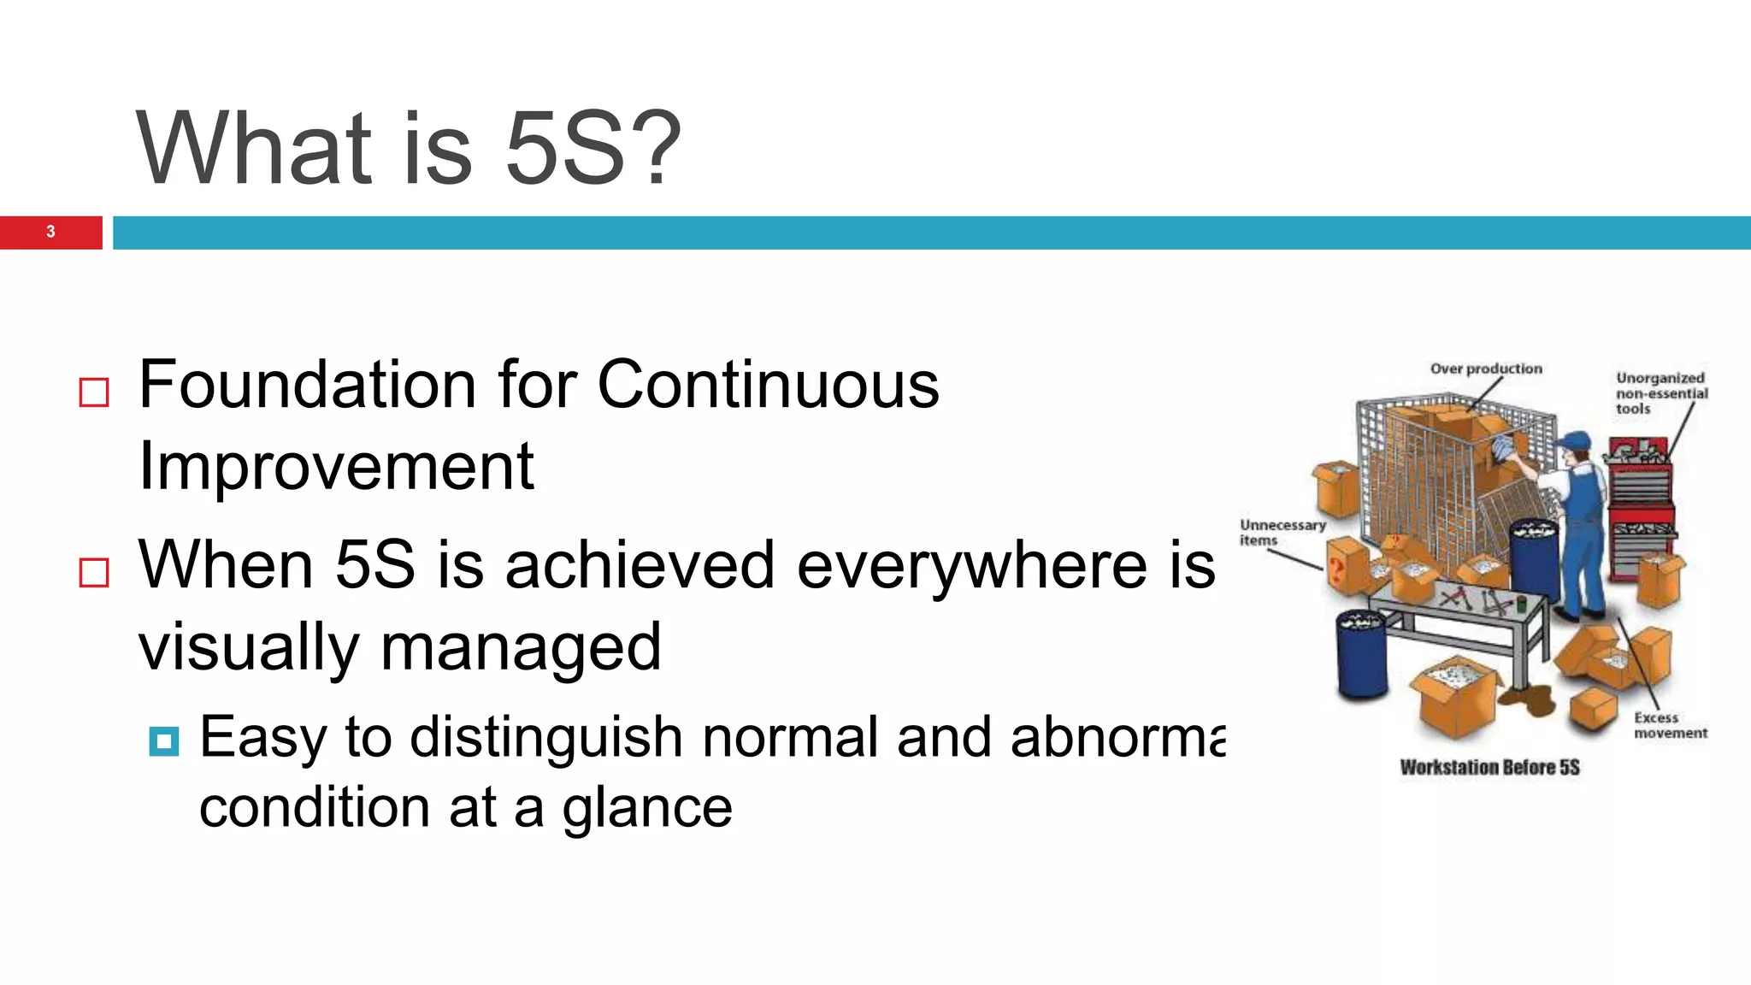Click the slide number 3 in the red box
pos(50,232)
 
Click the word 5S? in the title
pos(593,149)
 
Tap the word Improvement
pos(336,467)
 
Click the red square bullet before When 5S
pos(94,572)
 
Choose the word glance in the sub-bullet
pos(647,808)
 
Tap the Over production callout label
pos(1486,369)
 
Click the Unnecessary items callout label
pos(1281,532)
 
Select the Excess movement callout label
pos(1669,725)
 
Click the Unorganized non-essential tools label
pos(1660,392)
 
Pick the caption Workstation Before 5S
pos(1489,767)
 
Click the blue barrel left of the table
pos(1361,654)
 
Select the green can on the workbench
pos(1521,605)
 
